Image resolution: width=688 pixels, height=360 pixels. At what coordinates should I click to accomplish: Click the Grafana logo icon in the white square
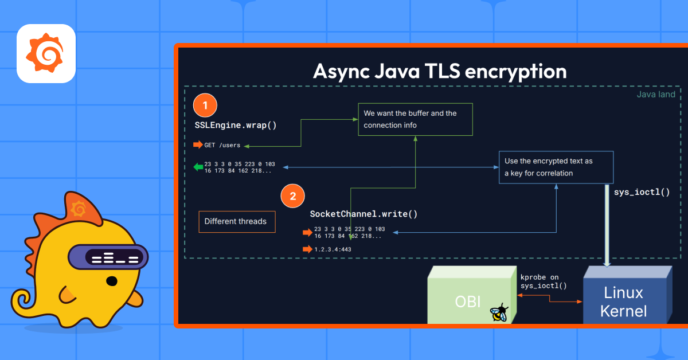coord(45,53)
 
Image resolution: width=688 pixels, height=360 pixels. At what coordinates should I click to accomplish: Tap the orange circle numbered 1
coord(205,105)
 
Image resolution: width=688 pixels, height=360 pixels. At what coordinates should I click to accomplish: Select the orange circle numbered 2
coord(293,196)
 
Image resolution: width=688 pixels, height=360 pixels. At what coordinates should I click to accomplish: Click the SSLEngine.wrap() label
coord(236,126)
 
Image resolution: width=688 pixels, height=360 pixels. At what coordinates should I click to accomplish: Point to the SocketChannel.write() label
coord(363,214)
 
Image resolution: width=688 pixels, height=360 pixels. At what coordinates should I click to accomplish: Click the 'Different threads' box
coord(237,221)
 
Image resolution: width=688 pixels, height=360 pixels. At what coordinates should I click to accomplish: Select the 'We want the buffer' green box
coord(415,119)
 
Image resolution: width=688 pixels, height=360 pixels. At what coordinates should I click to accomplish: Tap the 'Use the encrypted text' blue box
coord(556,167)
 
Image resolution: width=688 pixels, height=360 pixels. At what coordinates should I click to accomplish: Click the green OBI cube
coord(472,295)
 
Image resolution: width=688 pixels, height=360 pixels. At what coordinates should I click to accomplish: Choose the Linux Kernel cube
coord(627,295)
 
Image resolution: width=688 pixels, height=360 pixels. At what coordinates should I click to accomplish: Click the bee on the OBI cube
coord(499,312)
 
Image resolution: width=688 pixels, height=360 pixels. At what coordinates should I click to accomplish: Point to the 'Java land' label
coord(656,95)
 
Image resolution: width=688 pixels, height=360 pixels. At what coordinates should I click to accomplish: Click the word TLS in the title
coord(442,71)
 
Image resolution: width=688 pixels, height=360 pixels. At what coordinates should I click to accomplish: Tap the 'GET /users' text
coord(222,145)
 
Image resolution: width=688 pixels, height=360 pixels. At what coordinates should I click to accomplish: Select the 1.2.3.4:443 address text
coord(333,249)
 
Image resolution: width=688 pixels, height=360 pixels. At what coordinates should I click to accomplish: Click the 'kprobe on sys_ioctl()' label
coord(544,281)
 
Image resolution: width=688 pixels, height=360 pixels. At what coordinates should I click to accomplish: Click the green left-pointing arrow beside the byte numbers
coord(198,167)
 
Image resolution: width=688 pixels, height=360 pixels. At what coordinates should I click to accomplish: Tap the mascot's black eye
coord(111,281)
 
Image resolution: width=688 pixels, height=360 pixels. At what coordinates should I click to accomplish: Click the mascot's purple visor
coord(108,257)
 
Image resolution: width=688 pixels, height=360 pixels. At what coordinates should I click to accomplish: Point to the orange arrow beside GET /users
coord(198,144)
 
